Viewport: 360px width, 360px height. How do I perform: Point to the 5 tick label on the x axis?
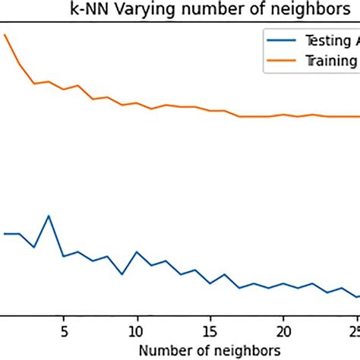coord(64,330)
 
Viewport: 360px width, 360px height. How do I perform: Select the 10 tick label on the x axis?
coord(137,330)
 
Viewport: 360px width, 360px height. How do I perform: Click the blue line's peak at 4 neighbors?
coord(49,216)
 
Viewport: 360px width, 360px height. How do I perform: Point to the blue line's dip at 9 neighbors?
coord(122,273)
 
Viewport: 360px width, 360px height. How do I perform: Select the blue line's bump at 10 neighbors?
coord(137,251)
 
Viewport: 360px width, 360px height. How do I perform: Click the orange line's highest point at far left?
coord(5,35)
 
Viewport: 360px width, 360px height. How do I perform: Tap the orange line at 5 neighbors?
coord(64,89)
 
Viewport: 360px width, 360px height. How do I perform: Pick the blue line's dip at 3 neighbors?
coord(34,247)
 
